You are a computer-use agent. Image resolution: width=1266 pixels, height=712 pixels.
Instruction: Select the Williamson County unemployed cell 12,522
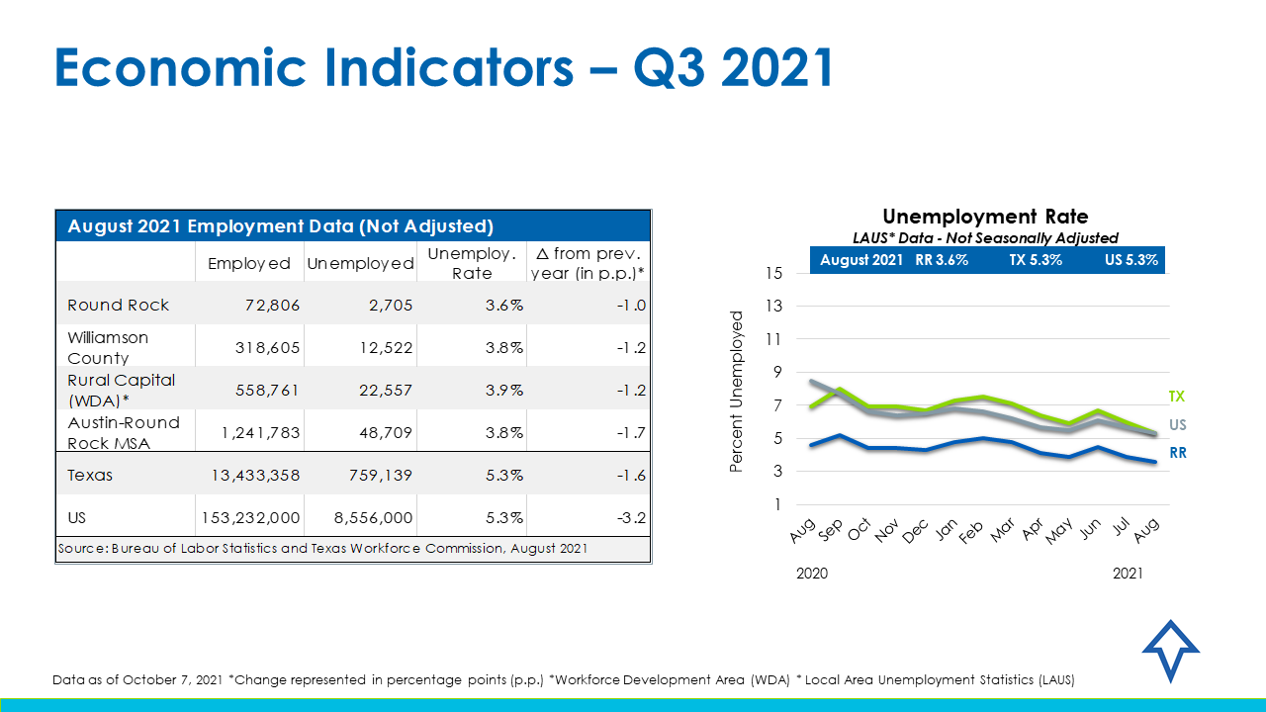click(x=380, y=347)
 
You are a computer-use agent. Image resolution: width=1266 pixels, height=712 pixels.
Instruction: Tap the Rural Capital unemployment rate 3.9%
click(x=504, y=390)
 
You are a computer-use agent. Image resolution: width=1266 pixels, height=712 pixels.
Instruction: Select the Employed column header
click(x=249, y=263)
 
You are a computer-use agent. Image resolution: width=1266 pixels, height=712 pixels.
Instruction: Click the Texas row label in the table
click(x=90, y=475)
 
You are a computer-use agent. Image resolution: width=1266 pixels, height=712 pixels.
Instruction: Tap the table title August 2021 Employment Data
click(x=280, y=226)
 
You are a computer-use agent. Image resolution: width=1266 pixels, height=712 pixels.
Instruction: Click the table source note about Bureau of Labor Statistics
click(x=322, y=548)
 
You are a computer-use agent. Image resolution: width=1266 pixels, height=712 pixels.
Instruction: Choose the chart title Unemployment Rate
click(x=985, y=217)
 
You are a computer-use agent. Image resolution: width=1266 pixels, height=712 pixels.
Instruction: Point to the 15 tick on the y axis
click(x=774, y=273)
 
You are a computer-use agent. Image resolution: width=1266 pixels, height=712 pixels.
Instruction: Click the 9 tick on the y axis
click(x=777, y=372)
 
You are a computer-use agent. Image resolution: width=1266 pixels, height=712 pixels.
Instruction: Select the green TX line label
click(x=1176, y=397)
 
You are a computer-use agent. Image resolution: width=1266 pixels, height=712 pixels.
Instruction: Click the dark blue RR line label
click(x=1177, y=453)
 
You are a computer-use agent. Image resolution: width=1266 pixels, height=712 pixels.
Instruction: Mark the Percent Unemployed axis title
click(x=736, y=391)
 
